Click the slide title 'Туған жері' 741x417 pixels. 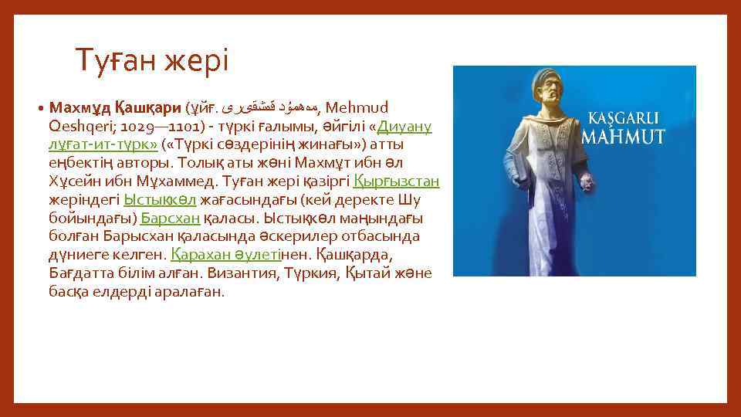[x=152, y=59]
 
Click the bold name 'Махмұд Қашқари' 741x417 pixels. [x=115, y=107]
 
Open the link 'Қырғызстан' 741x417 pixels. [x=396, y=181]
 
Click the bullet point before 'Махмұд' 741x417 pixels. [x=39, y=107]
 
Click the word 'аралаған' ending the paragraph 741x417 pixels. [x=190, y=292]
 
